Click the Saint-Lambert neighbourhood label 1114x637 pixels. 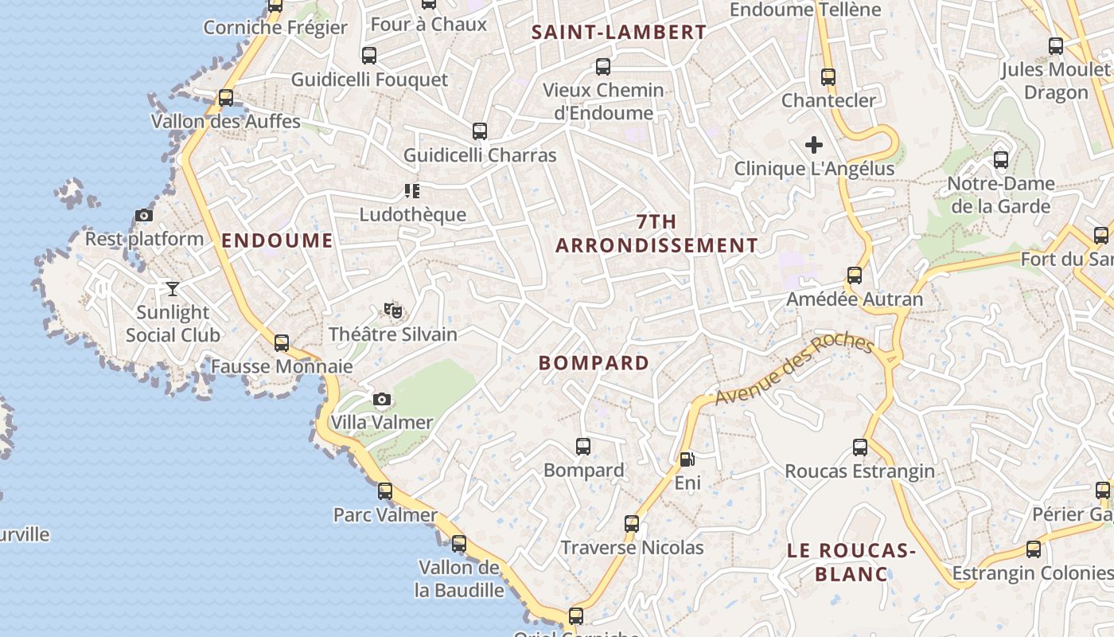pyautogui.click(x=618, y=32)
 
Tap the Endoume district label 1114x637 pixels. pyautogui.click(x=277, y=240)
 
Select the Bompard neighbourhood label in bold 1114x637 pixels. pyautogui.click(x=594, y=363)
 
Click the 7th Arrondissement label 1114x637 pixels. pyautogui.click(x=656, y=233)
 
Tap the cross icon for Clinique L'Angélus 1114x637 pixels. pyautogui.click(x=813, y=145)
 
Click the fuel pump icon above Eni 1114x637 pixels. pyautogui.click(x=687, y=459)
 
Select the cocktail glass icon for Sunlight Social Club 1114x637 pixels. pyautogui.click(x=173, y=288)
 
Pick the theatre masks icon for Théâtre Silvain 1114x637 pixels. pyautogui.click(x=391, y=310)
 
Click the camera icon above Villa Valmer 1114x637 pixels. pyautogui.click(x=382, y=399)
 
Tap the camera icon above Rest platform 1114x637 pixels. pyautogui.click(x=144, y=215)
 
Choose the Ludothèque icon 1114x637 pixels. pyautogui.click(x=411, y=190)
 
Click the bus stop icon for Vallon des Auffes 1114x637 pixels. pyautogui.click(x=226, y=98)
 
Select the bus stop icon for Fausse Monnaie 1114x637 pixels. pyautogui.click(x=281, y=343)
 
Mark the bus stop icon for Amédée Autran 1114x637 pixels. pyautogui.click(x=855, y=276)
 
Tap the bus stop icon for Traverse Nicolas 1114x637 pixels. pyautogui.click(x=632, y=524)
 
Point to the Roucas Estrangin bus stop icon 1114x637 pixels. pyautogui.click(x=860, y=447)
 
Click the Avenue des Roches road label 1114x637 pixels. pyautogui.click(x=793, y=369)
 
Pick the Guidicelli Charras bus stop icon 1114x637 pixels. pyautogui.click(x=479, y=131)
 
